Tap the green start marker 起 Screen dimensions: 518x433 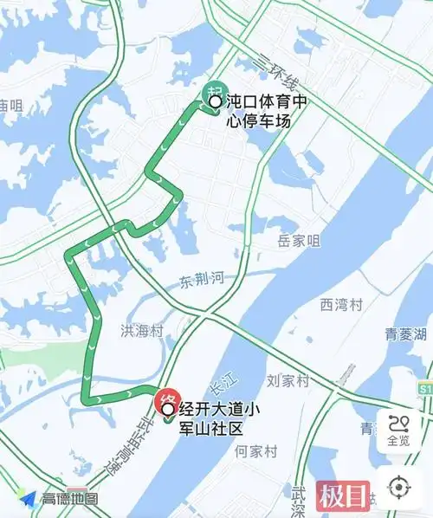coord(210,92)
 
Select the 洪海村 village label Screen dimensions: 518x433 coord(141,330)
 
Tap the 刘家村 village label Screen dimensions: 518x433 coord(288,380)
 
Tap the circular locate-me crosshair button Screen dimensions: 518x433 coord(398,488)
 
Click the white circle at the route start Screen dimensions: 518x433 coord(216,102)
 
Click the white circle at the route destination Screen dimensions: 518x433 coord(167,409)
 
